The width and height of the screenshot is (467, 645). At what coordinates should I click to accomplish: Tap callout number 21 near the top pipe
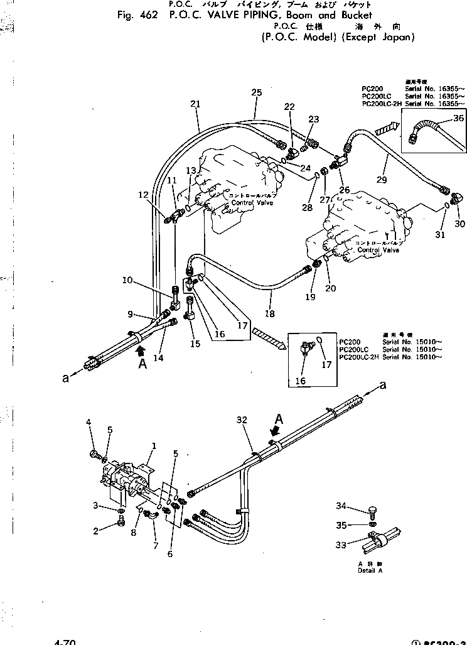(195, 104)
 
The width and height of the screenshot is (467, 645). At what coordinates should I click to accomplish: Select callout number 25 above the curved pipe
(256, 92)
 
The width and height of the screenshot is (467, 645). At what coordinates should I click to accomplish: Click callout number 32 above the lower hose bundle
(243, 420)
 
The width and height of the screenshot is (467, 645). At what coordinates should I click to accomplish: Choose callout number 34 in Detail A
(358, 506)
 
